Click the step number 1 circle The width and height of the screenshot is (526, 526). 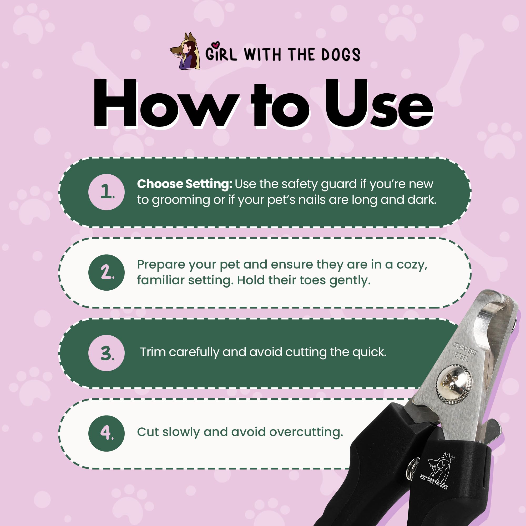tap(107, 192)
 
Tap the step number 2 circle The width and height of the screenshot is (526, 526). tap(107, 272)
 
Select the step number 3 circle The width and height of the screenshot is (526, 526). tap(107, 353)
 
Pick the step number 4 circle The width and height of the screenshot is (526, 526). tap(107, 433)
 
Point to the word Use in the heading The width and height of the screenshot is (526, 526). tap(379, 103)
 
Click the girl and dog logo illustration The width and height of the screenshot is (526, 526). tap(185, 51)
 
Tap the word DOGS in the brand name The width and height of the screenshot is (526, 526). tap(341, 54)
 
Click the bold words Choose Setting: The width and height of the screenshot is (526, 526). tap(185, 184)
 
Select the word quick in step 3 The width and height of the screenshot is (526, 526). tap(369, 352)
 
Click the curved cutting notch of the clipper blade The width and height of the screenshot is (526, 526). tap(490, 327)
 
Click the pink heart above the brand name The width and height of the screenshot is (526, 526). tap(216, 44)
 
